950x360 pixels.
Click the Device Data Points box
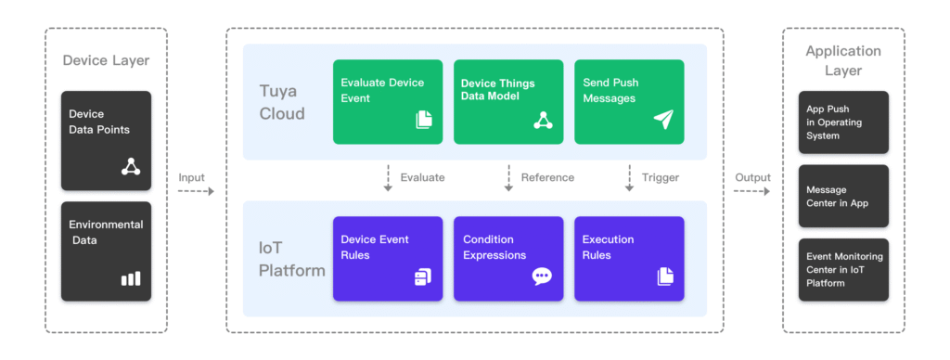(x=106, y=141)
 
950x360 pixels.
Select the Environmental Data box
(x=106, y=251)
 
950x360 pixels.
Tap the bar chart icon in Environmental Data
(x=131, y=278)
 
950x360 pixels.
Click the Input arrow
(x=196, y=191)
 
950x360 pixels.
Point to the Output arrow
(x=751, y=191)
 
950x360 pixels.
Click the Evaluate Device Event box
(x=388, y=102)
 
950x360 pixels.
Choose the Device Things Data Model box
(x=508, y=102)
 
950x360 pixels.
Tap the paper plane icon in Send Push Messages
(x=663, y=120)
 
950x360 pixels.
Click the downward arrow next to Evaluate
(x=388, y=178)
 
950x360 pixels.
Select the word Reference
(x=547, y=177)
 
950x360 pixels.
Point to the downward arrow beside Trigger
(x=630, y=178)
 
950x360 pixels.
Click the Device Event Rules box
(x=388, y=259)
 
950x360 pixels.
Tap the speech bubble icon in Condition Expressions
(x=542, y=276)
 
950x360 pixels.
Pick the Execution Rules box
(x=630, y=259)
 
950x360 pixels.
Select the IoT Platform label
(x=292, y=259)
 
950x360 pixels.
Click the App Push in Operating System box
(x=843, y=122)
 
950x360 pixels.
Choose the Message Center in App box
(x=843, y=197)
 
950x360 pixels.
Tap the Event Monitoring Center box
(x=843, y=270)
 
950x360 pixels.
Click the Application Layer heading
(x=843, y=60)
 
